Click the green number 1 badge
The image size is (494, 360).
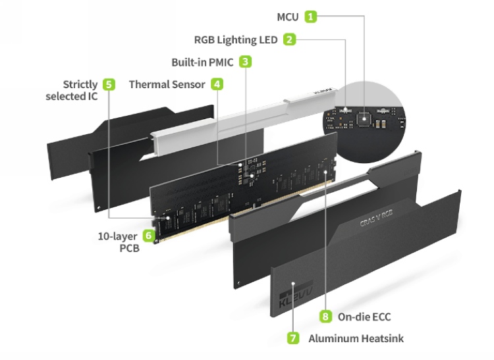[311, 16]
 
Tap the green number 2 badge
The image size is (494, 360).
[290, 39]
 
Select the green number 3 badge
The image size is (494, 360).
[245, 62]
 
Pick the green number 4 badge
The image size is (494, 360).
[216, 84]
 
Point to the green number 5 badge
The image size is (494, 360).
[109, 84]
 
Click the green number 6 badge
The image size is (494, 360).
[149, 235]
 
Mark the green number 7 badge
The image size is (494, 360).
[293, 338]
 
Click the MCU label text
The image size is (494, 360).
[287, 16]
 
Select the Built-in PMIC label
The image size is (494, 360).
[202, 62]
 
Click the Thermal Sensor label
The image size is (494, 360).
[167, 84]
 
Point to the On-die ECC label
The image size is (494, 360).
[364, 317]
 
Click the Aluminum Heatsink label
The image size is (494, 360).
[356, 338]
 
